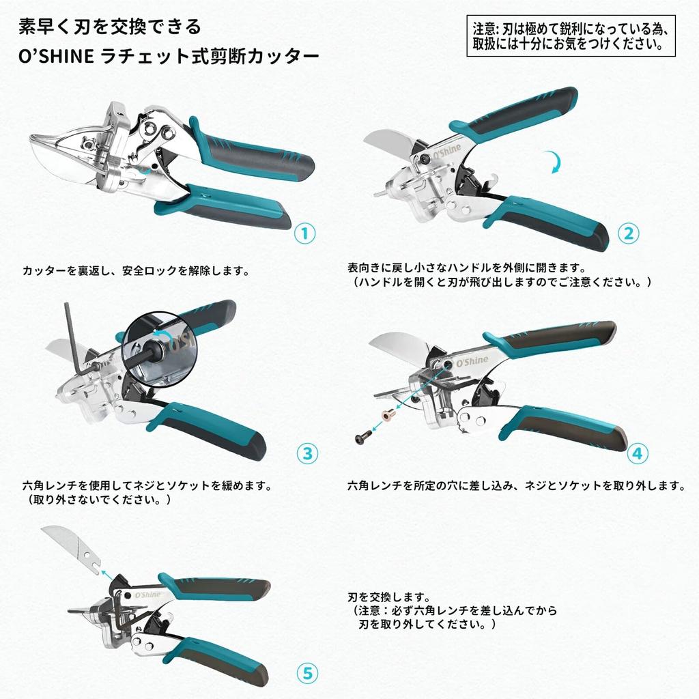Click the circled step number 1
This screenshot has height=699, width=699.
point(304,233)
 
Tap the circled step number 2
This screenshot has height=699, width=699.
point(629,233)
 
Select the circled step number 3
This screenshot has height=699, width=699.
point(307,453)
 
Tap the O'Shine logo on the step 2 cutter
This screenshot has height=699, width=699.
point(448,148)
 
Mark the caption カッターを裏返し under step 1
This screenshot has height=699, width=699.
point(134,270)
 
